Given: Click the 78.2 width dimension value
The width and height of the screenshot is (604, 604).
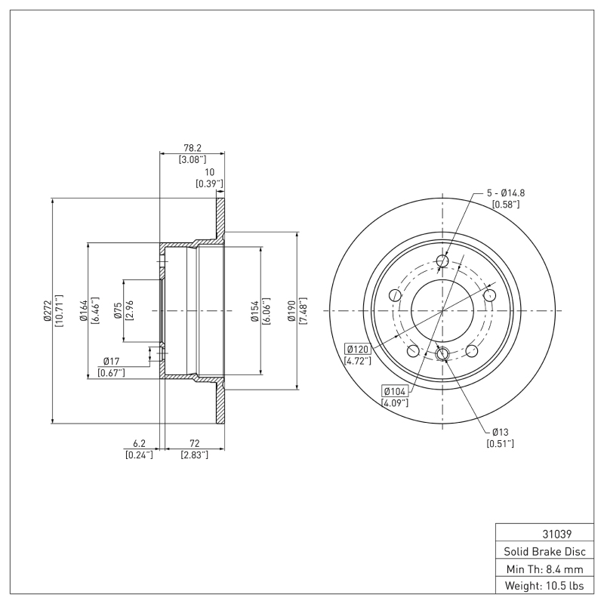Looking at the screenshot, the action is pyautogui.click(x=193, y=148).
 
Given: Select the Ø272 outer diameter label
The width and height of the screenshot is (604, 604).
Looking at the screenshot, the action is pyautogui.click(x=48, y=311).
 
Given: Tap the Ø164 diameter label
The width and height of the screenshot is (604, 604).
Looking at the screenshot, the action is pyautogui.click(x=84, y=310).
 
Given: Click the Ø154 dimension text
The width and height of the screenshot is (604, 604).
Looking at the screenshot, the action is pyautogui.click(x=254, y=311).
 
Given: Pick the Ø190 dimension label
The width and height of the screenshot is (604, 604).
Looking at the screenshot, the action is pyautogui.click(x=291, y=311).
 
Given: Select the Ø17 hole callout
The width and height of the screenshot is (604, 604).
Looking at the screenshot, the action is pyautogui.click(x=111, y=362).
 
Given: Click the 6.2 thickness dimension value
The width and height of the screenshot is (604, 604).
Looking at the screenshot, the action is pyautogui.click(x=139, y=444).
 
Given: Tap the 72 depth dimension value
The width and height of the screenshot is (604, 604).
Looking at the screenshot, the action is pyautogui.click(x=195, y=444).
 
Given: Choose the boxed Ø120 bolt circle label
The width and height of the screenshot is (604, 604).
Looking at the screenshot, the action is pyautogui.click(x=358, y=350).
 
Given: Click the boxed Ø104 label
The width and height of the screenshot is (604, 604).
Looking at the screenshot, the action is pyautogui.click(x=395, y=391).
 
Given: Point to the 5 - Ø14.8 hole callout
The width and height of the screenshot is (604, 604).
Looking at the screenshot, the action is pyautogui.click(x=506, y=193).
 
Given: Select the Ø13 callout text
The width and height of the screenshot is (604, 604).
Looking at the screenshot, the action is pyautogui.click(x=501, y=432).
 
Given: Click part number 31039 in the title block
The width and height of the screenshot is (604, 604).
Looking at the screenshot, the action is pyautogui.click(x=557, y=535).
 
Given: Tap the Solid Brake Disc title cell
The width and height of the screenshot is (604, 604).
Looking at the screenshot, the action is pyautogui.click(x=544, y=552).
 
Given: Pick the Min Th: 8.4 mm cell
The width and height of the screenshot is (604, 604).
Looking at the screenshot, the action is pyautogui.click(x=544, y=569).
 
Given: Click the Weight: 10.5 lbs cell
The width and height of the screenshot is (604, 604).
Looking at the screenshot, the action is pyautogui.click(x=544, y=586).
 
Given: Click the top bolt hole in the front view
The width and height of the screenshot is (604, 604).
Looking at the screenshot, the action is pyautogui.click(x=442, y=260).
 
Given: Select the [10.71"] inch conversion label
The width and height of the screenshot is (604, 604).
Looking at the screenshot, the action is pyautogui.click(x=60, y=311).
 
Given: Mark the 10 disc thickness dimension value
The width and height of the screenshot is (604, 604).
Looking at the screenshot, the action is pyautogui.click(x=209, y=172).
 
